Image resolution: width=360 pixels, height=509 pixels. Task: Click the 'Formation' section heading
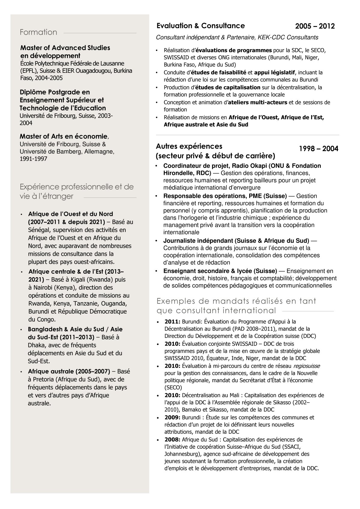tap(38, 32)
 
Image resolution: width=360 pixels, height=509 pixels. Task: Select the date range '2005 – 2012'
tap(315, 26)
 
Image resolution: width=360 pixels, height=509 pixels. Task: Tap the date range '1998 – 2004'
tap(319, 149)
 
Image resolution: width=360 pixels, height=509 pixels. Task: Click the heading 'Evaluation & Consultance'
tap(201, 26)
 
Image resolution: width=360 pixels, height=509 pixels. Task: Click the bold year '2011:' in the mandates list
tap(172, 322)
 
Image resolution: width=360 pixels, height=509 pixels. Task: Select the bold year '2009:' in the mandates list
tap(172, 418)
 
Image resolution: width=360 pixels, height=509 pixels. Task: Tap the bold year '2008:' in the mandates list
tap(172, 440)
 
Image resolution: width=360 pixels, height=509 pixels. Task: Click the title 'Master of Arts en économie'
tap(63, 136)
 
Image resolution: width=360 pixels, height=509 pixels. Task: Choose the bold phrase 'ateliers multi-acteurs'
tap(257, 103)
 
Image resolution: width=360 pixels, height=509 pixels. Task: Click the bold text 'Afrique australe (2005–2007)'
tap(69, 371)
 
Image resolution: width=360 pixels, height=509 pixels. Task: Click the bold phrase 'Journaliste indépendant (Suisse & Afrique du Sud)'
tap(236, 241)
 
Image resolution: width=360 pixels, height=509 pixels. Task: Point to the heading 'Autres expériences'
tap(189, 147)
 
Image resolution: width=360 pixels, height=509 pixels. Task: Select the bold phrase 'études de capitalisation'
tap(228, 88)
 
